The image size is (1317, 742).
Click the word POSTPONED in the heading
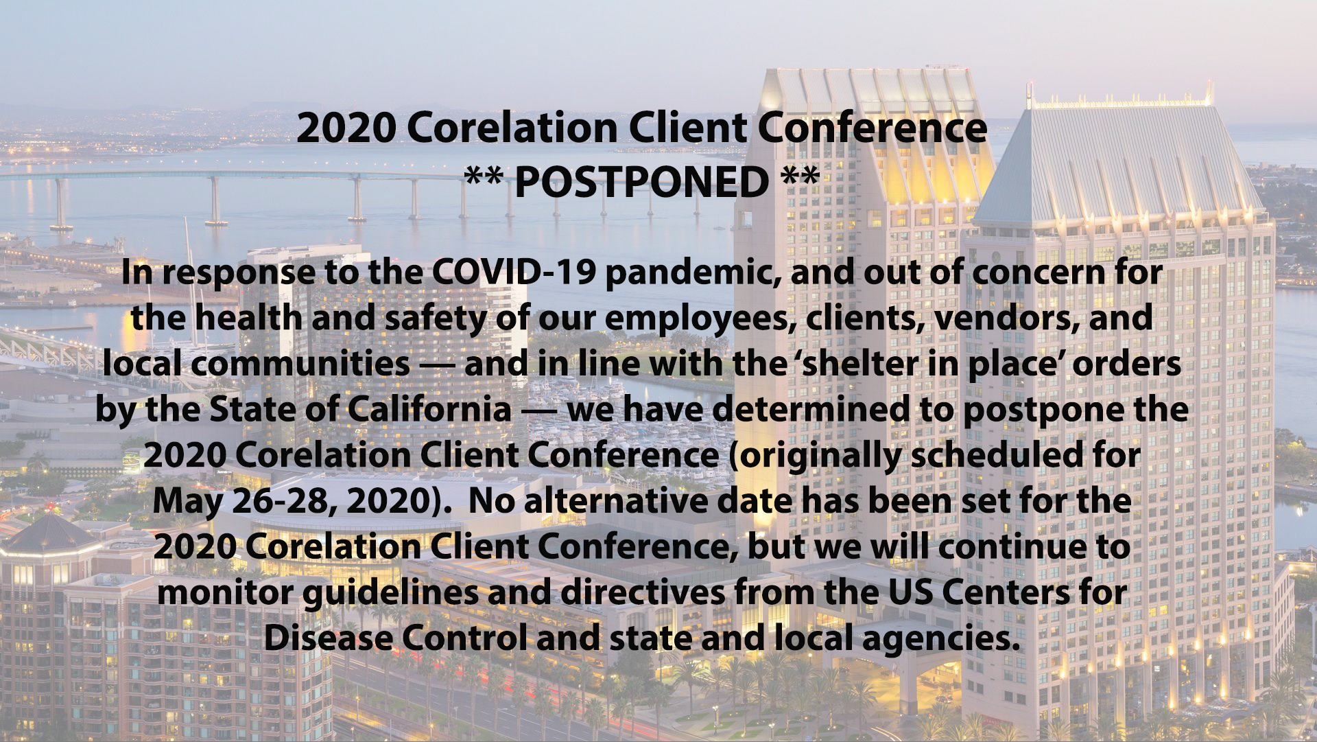click(641, 181)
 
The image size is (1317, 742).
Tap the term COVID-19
click(514, 273)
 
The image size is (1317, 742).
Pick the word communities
click(300, 364)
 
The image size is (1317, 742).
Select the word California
click(429, 410)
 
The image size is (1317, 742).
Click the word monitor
click(226, 593)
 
